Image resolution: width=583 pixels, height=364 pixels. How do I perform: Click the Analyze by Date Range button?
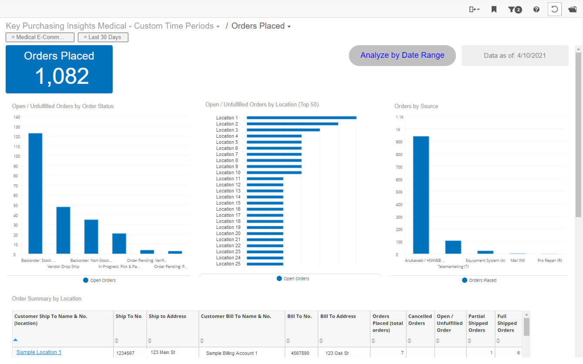pyautogui.click(x=402, y=55)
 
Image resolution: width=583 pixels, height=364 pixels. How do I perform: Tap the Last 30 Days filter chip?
pyautogui.click(x=103, y=37)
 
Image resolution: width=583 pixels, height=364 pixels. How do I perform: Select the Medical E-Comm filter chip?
pyautogui.click(x=40, y=37)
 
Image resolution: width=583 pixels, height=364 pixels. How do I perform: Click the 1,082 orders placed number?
pyautogui.click(x=62, y=76)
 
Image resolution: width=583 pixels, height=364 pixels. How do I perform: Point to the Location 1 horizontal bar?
pyautogui.click(x=301, y=118)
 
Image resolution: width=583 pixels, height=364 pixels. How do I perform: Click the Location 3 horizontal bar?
pyautogui.click(x=283, y=130)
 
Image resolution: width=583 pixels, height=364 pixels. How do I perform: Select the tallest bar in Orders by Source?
pyautogui.click(x=421, y=195)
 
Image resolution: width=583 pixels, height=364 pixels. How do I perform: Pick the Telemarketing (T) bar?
pyautogui.click(x=453, y=247)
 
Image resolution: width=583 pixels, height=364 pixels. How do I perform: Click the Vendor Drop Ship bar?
pyautogui.click(x=63, y=230)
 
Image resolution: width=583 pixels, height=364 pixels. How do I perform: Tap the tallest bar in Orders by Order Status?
pyautogui.click(x=35, y=193)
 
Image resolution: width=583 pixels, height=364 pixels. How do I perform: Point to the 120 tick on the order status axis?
pyautogui.click(x=17, y=137)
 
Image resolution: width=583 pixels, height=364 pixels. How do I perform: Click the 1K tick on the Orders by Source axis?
pyautogui.click(x=398, y=129)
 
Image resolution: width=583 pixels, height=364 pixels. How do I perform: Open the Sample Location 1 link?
pyautogui.click(x=39, y=352)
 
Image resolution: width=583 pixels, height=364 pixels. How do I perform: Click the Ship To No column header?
pyautogui.click(x=128, y=316)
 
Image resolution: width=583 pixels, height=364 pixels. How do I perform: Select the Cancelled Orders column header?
pyautogui.click(x=420, y=320)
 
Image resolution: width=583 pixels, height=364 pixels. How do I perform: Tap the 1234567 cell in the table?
pyautogui.click(x=125, y=354)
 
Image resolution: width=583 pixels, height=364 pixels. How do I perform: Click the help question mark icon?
pyautogui.click(x=536, y=9)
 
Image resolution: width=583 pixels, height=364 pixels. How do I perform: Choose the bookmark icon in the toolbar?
pyautogui.click(x=494, y=9)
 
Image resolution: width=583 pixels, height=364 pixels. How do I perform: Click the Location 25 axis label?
pyautogui.click(x=228, y=264)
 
